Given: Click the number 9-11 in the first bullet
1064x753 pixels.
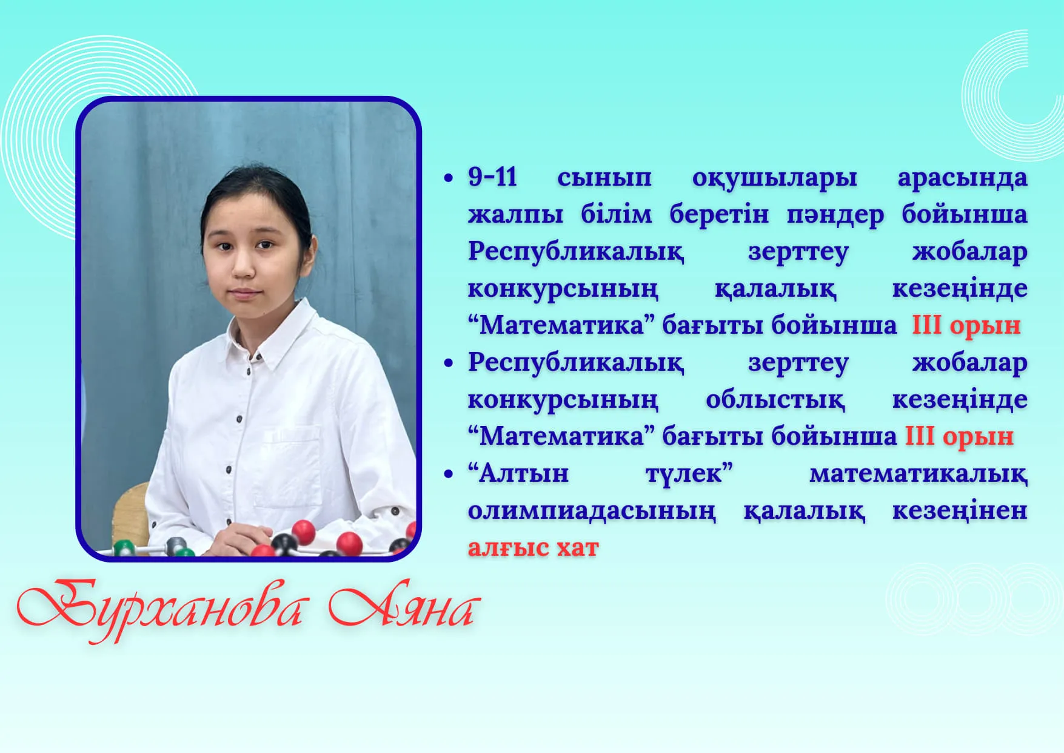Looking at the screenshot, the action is [x=492, y=177].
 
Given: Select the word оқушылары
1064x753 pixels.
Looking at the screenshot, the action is [x=774, y=178].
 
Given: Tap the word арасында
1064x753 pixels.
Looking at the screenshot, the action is [x=962, y=178].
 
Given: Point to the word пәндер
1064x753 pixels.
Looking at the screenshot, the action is [x=835, y=215].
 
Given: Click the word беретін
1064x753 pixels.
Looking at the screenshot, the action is [x=719, y=215].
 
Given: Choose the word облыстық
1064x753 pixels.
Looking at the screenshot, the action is [x=775, y=400].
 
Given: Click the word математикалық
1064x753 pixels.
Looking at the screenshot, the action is [x=918, y=474].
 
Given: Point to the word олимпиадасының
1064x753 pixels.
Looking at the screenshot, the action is [x=592, y=512].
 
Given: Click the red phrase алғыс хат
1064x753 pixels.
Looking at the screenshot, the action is [x=533, y=548].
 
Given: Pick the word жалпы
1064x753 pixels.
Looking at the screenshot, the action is [x=515, y=215].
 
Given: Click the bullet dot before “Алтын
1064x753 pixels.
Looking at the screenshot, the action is [x=449, y=474].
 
